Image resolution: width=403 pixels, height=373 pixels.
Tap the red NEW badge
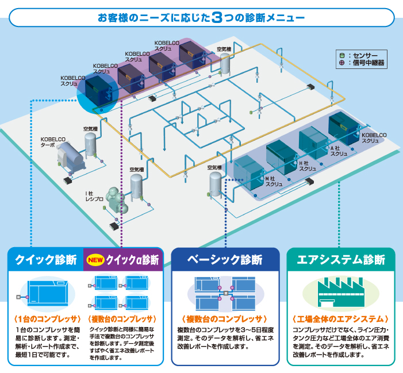95,259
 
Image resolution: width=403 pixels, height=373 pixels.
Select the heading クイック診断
45,259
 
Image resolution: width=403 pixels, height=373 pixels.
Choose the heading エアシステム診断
341,259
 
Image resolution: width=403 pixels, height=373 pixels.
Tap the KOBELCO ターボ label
52,142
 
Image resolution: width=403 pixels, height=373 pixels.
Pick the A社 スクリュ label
339,151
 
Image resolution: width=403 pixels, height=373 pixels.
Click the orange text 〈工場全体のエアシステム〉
341,318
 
